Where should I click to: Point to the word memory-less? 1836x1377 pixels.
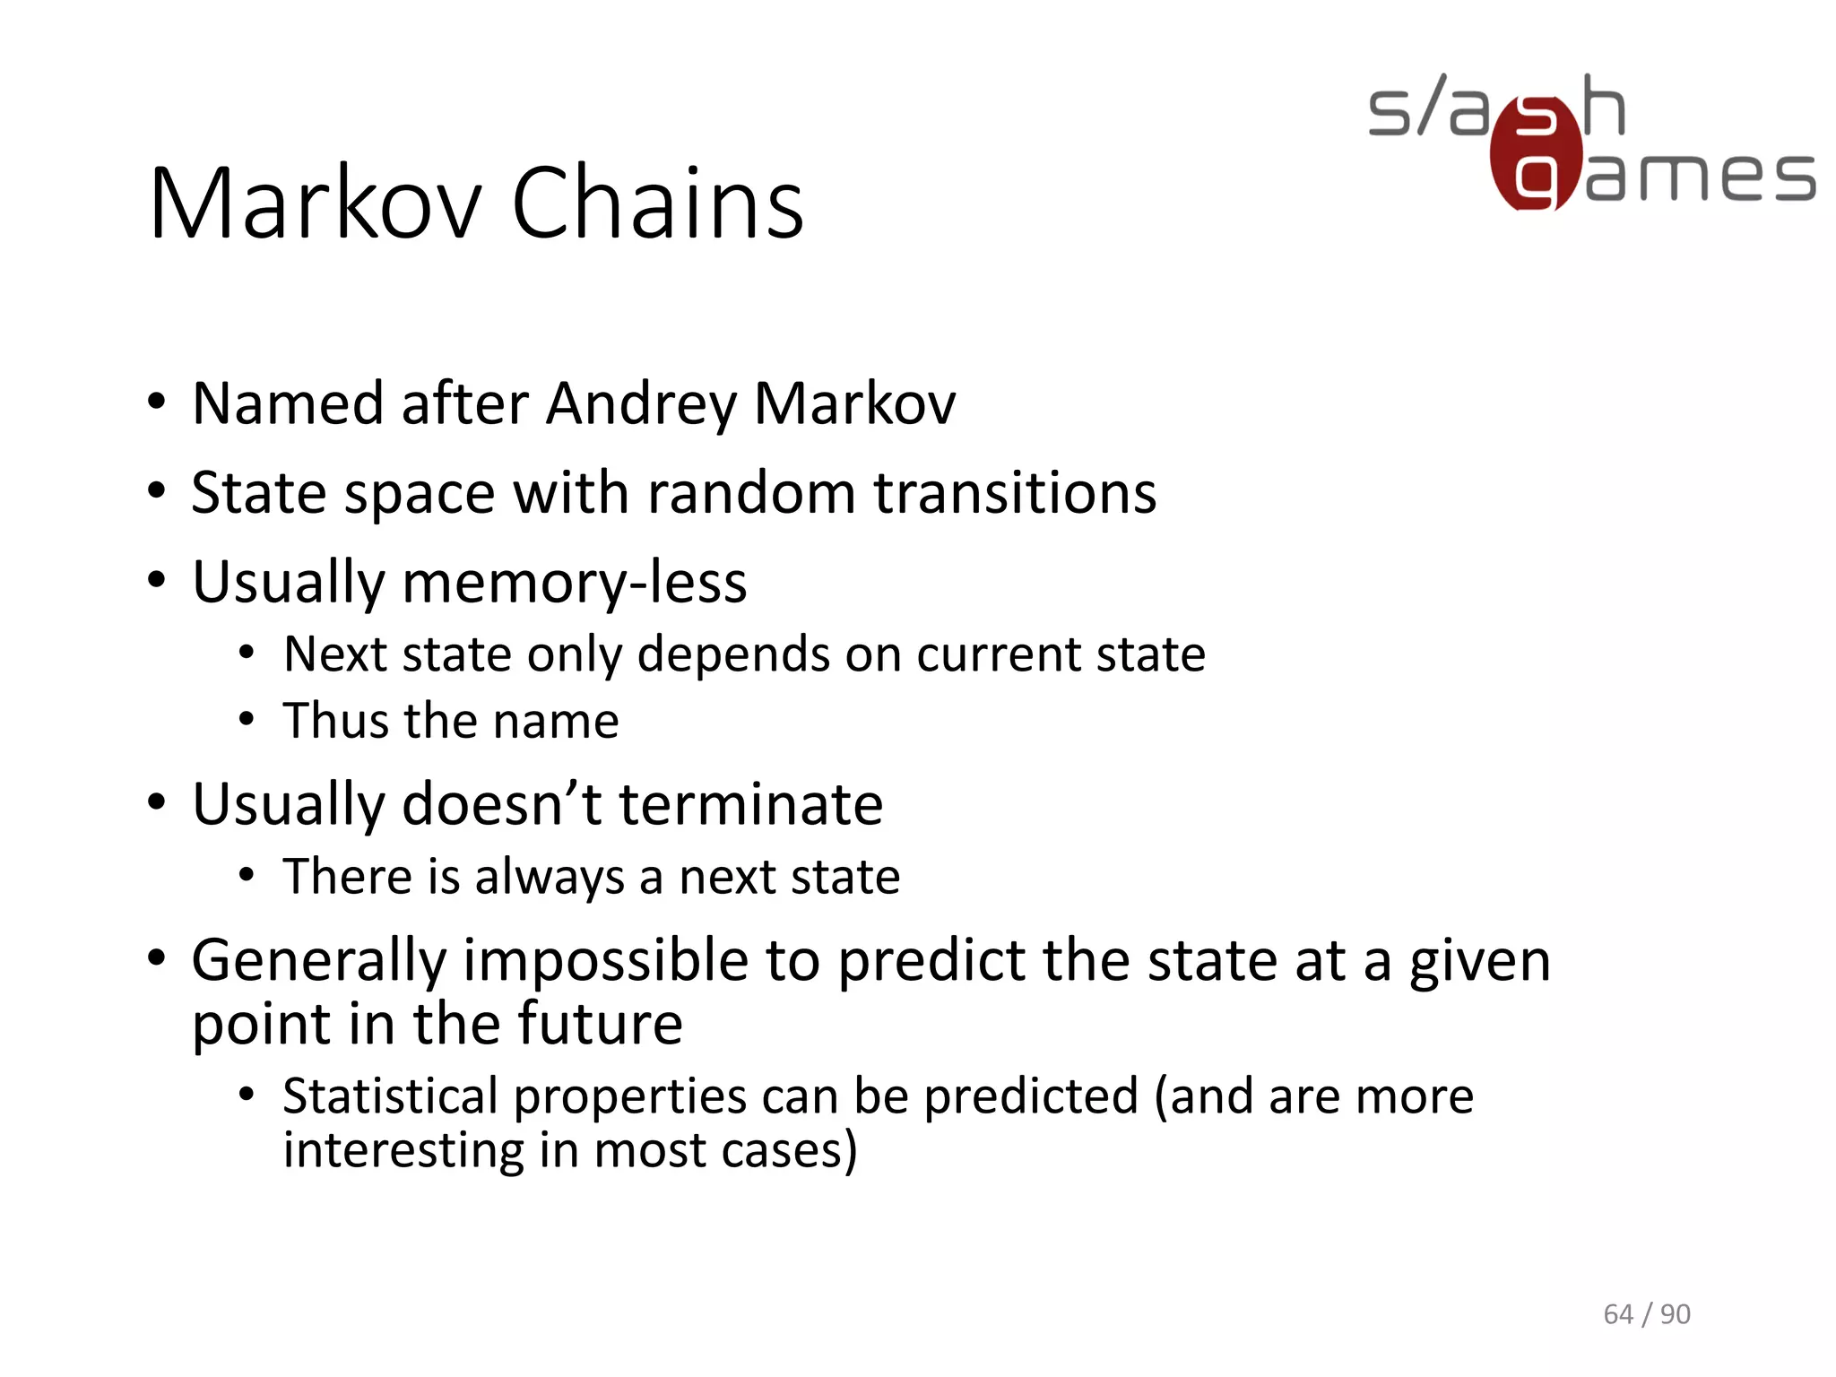click(574, 583)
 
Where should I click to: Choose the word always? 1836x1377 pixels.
click(550, 877)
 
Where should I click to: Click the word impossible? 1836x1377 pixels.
click(605, 961)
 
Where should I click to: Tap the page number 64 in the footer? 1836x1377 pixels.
click(1618, 1314)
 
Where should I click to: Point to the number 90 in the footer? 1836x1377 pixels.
click(1676, 1314)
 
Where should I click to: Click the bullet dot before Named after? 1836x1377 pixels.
click(157, 402)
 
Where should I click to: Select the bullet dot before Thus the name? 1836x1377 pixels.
click(247, 720)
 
